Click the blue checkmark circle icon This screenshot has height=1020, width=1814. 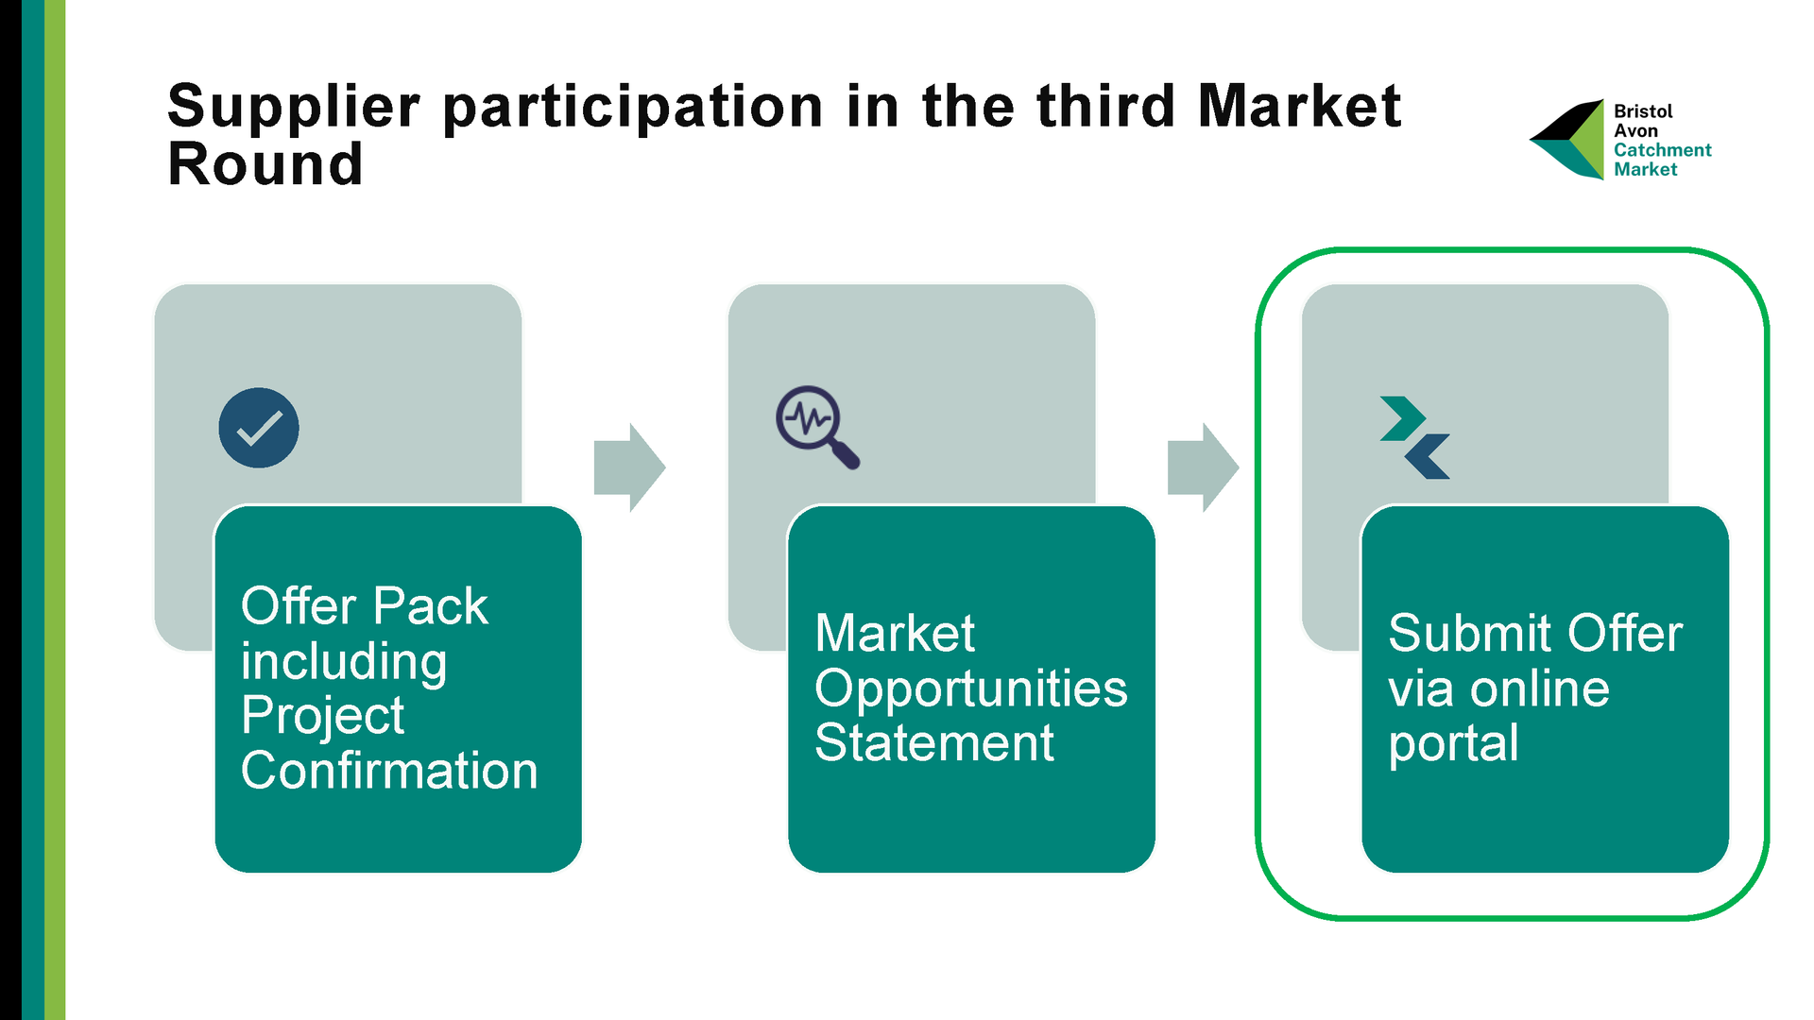tap(259, 428)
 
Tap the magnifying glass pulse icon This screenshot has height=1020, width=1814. tap(817, 427)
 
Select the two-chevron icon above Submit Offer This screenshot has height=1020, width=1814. tap(1414, 437)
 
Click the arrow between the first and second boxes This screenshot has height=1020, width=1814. tap(630, 467)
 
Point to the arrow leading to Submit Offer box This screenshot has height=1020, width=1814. tap(1204, 467)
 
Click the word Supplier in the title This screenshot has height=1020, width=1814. tap(293, 108)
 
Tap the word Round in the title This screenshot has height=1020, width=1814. tap(265, 164)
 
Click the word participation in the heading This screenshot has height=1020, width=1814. tap(633, 108)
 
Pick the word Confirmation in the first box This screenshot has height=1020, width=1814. tap(389, 770)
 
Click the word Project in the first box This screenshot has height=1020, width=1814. tap(323, 717)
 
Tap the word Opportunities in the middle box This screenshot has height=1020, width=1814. tap(971, 689)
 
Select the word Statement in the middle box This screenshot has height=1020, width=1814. tap(934, 742)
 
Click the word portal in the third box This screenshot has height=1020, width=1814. tap(1454, 744)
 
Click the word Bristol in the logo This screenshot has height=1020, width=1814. tap(1643, 111)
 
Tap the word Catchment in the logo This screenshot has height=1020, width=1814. tap(1663, 150)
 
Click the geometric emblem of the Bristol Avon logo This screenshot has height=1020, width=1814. tap(1566, 140)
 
